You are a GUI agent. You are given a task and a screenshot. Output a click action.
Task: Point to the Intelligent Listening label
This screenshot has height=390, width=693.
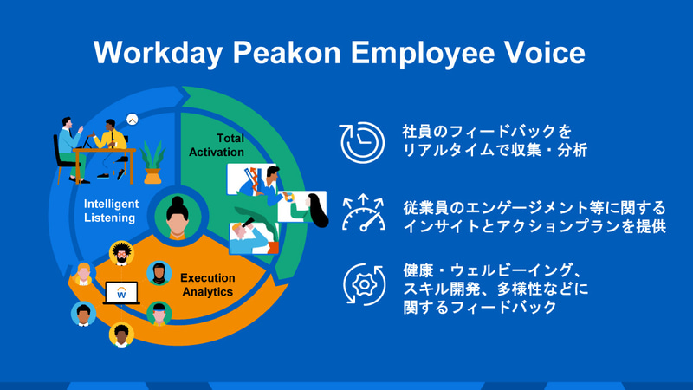pos(110,211)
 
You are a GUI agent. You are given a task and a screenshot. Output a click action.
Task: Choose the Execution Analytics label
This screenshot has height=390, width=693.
pos(208,285)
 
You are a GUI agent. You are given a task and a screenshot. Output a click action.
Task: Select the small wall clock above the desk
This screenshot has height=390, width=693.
pos(133,120)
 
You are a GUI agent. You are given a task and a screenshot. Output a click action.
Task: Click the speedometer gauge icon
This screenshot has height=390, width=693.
pos(363,213)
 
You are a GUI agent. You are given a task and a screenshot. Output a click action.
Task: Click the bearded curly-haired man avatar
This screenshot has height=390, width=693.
pos(121,254)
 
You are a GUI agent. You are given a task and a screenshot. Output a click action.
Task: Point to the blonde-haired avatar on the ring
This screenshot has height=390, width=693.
pos(83,273)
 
